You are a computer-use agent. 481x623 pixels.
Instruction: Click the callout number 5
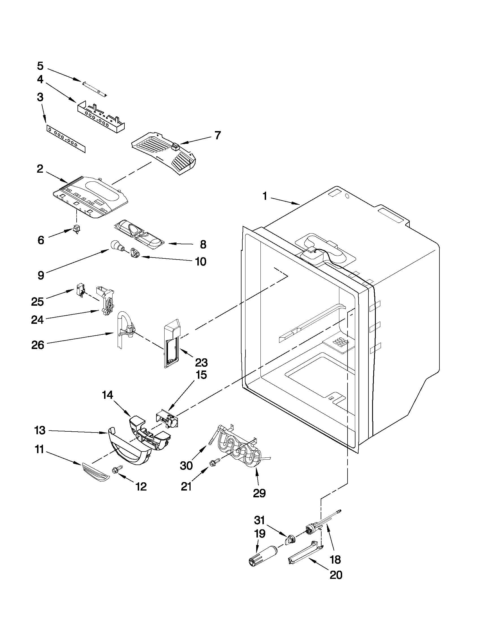(x=40, y=66)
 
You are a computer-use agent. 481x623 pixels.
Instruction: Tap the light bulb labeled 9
(x=116, y=245)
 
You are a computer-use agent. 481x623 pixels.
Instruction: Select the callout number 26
(x=38, y=345)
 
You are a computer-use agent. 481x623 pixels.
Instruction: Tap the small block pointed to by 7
(x=176, y=147)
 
